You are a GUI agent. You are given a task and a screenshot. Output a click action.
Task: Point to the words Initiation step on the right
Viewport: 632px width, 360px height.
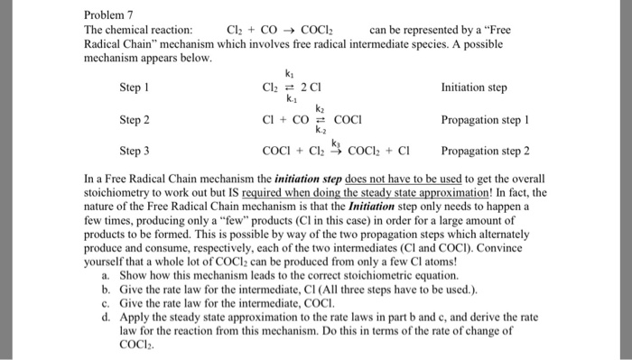pos(474,88)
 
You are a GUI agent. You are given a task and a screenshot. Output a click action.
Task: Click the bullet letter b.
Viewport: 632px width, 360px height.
pos(107,289)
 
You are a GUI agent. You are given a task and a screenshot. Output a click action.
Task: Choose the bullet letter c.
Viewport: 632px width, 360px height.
pos(107,303)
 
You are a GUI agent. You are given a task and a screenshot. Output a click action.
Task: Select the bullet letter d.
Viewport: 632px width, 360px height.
pos(107,318)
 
